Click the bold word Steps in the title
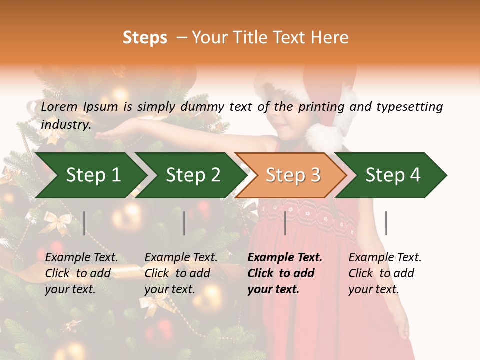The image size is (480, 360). point(145,38)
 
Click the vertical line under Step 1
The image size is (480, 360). point(84,223)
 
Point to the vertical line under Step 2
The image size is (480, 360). point(184,223)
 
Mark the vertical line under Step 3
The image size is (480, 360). point(285,223)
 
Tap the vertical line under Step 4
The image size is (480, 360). point(386,223)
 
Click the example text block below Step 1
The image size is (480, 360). point(81,273)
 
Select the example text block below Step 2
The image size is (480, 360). point(181,273)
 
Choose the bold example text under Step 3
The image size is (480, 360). point(285,273)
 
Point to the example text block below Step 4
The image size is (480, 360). point(385,273)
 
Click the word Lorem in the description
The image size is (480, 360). point(59,107)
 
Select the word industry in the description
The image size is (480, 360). point(66,125)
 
